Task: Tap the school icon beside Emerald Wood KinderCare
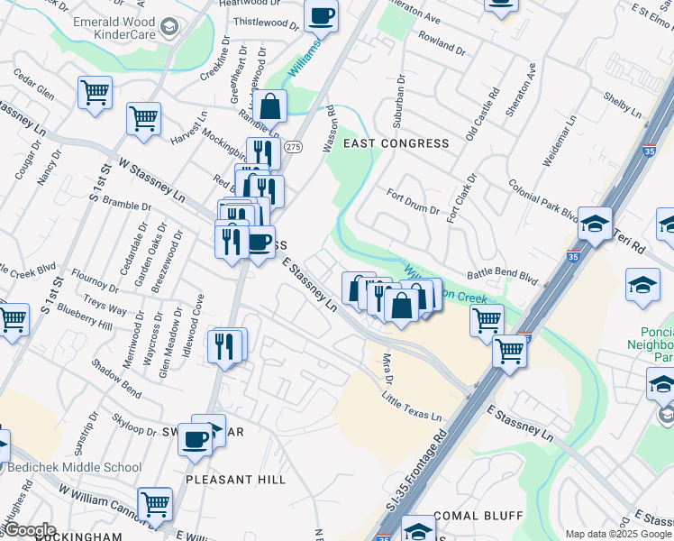pos(168,31)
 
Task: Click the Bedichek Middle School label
pos(75,467)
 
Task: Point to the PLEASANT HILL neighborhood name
pos(235,480)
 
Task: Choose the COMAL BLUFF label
pos(478,516)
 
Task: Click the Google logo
pos(29,530)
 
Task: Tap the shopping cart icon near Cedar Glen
pos(95,93)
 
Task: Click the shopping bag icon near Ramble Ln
pos(269,107)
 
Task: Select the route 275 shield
pos(292,146)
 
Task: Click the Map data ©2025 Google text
pos(618,534)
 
